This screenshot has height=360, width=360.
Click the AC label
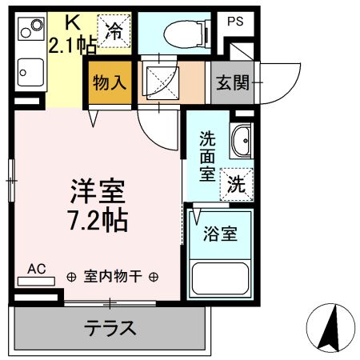(x=37, y=269)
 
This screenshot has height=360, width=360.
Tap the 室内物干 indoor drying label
(x=113, y=278)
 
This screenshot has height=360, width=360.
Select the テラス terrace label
(x=111, y=328)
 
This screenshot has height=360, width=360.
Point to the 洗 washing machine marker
(x=238, y=185)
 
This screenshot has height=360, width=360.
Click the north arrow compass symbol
(x=330, y=329)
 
